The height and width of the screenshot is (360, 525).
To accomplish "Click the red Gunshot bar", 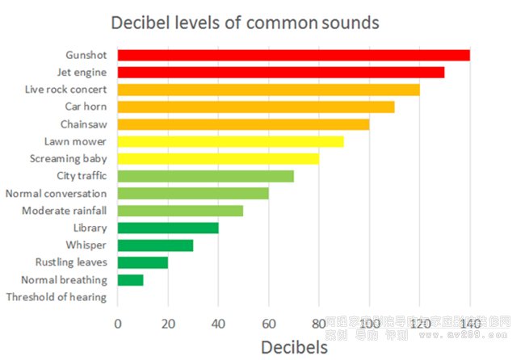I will (x=293, y=55).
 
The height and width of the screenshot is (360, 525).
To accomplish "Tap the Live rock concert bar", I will (x=268, y=90).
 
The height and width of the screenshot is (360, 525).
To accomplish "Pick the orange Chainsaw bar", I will (x=243, y=124).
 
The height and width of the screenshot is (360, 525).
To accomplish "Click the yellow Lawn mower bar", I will (x=230, y=141).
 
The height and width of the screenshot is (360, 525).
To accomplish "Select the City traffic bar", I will (x=205, y=176).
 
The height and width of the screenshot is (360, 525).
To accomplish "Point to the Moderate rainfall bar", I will (x=180, y=211).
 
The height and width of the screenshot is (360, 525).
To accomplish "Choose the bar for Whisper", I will (x=155, y=245).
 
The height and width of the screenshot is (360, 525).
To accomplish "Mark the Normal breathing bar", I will (x=130, y=280).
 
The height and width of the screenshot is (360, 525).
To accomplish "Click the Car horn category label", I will (x=86, y=107).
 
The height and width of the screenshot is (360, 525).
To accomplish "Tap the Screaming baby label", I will (x=68, y=159).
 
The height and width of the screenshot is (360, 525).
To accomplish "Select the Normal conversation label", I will (x=56, y=194).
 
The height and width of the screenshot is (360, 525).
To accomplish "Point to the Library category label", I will (x=90, y=228).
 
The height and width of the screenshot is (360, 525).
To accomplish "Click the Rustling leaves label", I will (x=71, y=263).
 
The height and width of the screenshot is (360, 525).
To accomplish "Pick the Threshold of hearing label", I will (x=56, y=298).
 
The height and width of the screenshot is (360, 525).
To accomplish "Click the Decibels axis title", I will (x=294, y=347).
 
